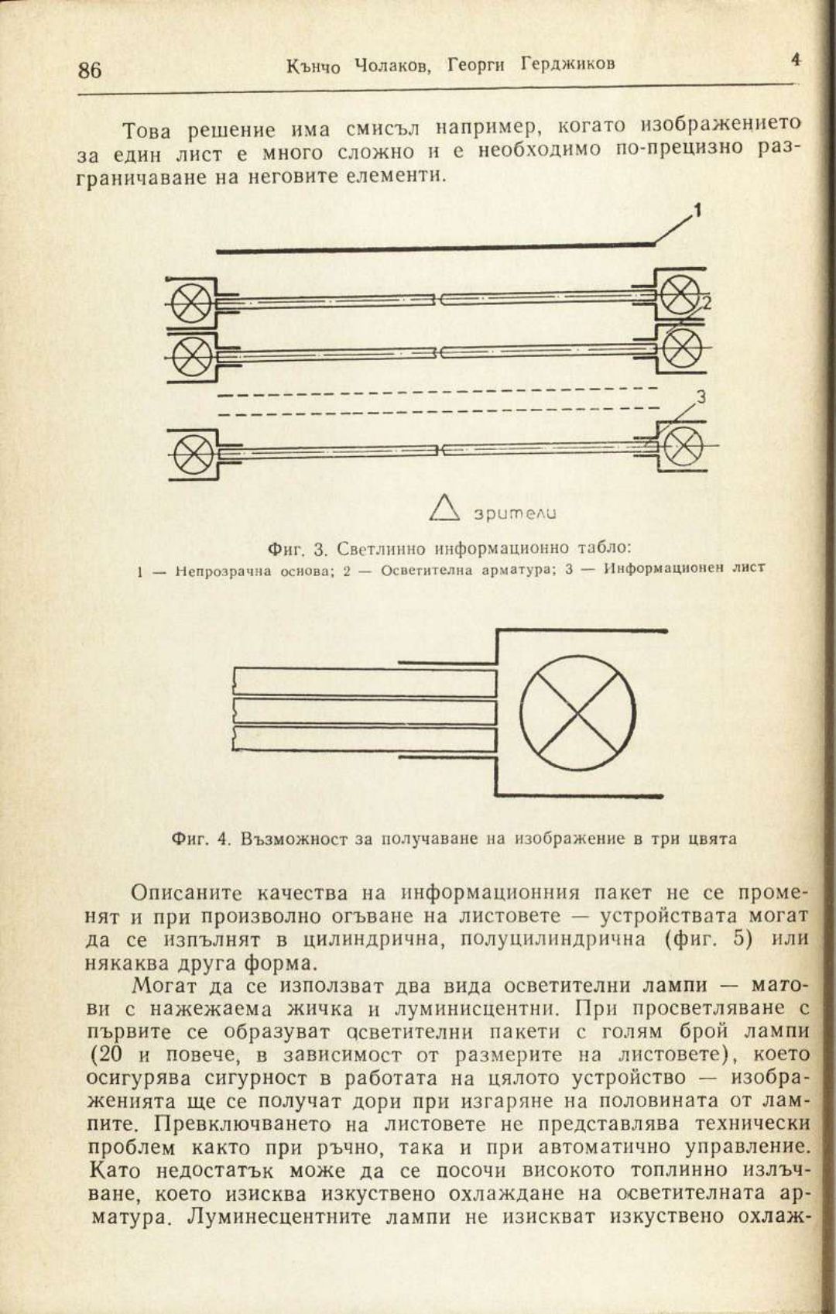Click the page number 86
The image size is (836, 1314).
coord(90,70)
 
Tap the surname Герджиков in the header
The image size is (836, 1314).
coord(567,64)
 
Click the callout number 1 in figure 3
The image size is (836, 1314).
coord(697,210)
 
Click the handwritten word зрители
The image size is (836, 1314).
coord(511,512)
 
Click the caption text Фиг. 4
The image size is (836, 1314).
coord(201,839)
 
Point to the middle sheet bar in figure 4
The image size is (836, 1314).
coord(364,711)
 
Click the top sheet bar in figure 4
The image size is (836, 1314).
coord(364,682)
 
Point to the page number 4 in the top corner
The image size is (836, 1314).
coord(795,59)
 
